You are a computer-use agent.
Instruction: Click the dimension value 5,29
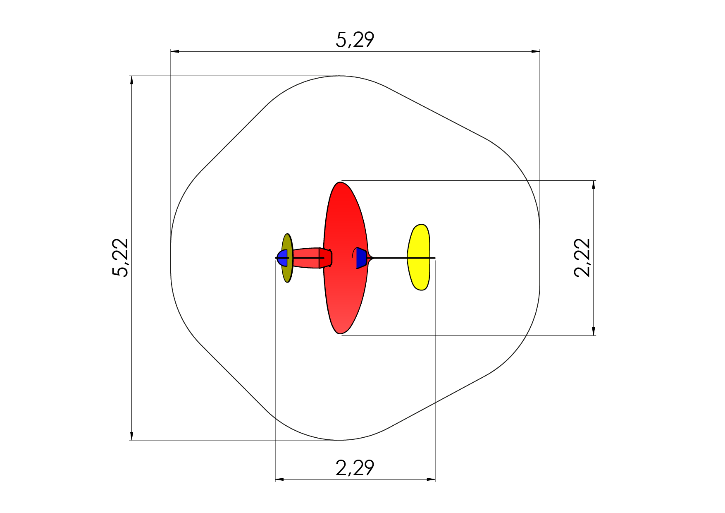click(x=355, y=40)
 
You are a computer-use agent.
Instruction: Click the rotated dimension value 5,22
click(x=121, y=257)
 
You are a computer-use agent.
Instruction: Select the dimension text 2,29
click(x=355, y=468)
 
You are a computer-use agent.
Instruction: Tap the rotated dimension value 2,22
click(x=583, y=257)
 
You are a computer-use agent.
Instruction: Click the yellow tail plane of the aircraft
click(x=419, y=257)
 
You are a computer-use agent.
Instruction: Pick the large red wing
click(x=345, y=258)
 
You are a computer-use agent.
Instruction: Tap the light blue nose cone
click(x=282, y=258)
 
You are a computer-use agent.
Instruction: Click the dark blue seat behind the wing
click(x=361, y=258)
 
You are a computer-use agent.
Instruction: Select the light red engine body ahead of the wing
click(x=306, y=258)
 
